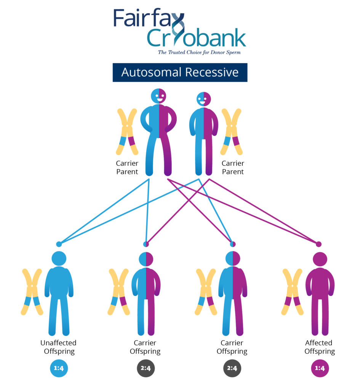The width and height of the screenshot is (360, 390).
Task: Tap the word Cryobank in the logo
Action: coord(196,39)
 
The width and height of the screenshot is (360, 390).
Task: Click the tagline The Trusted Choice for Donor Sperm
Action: coord(199,52)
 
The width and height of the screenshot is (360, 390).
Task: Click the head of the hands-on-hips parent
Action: coord(159,96)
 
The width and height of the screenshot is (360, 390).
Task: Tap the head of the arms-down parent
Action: coord(203,99)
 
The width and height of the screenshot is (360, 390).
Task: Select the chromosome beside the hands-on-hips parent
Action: coord(127,131)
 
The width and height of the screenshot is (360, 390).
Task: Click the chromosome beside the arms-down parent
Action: coord(232,131)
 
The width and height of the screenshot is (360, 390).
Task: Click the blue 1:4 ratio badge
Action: coord(59,368)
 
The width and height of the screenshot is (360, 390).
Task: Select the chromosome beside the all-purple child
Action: coord(293,292)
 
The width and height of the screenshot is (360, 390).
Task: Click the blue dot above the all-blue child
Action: coord(59,244)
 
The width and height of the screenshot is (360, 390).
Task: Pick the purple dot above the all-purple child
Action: coord(319,244)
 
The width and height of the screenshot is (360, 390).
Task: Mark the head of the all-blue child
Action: coord(59,259)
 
